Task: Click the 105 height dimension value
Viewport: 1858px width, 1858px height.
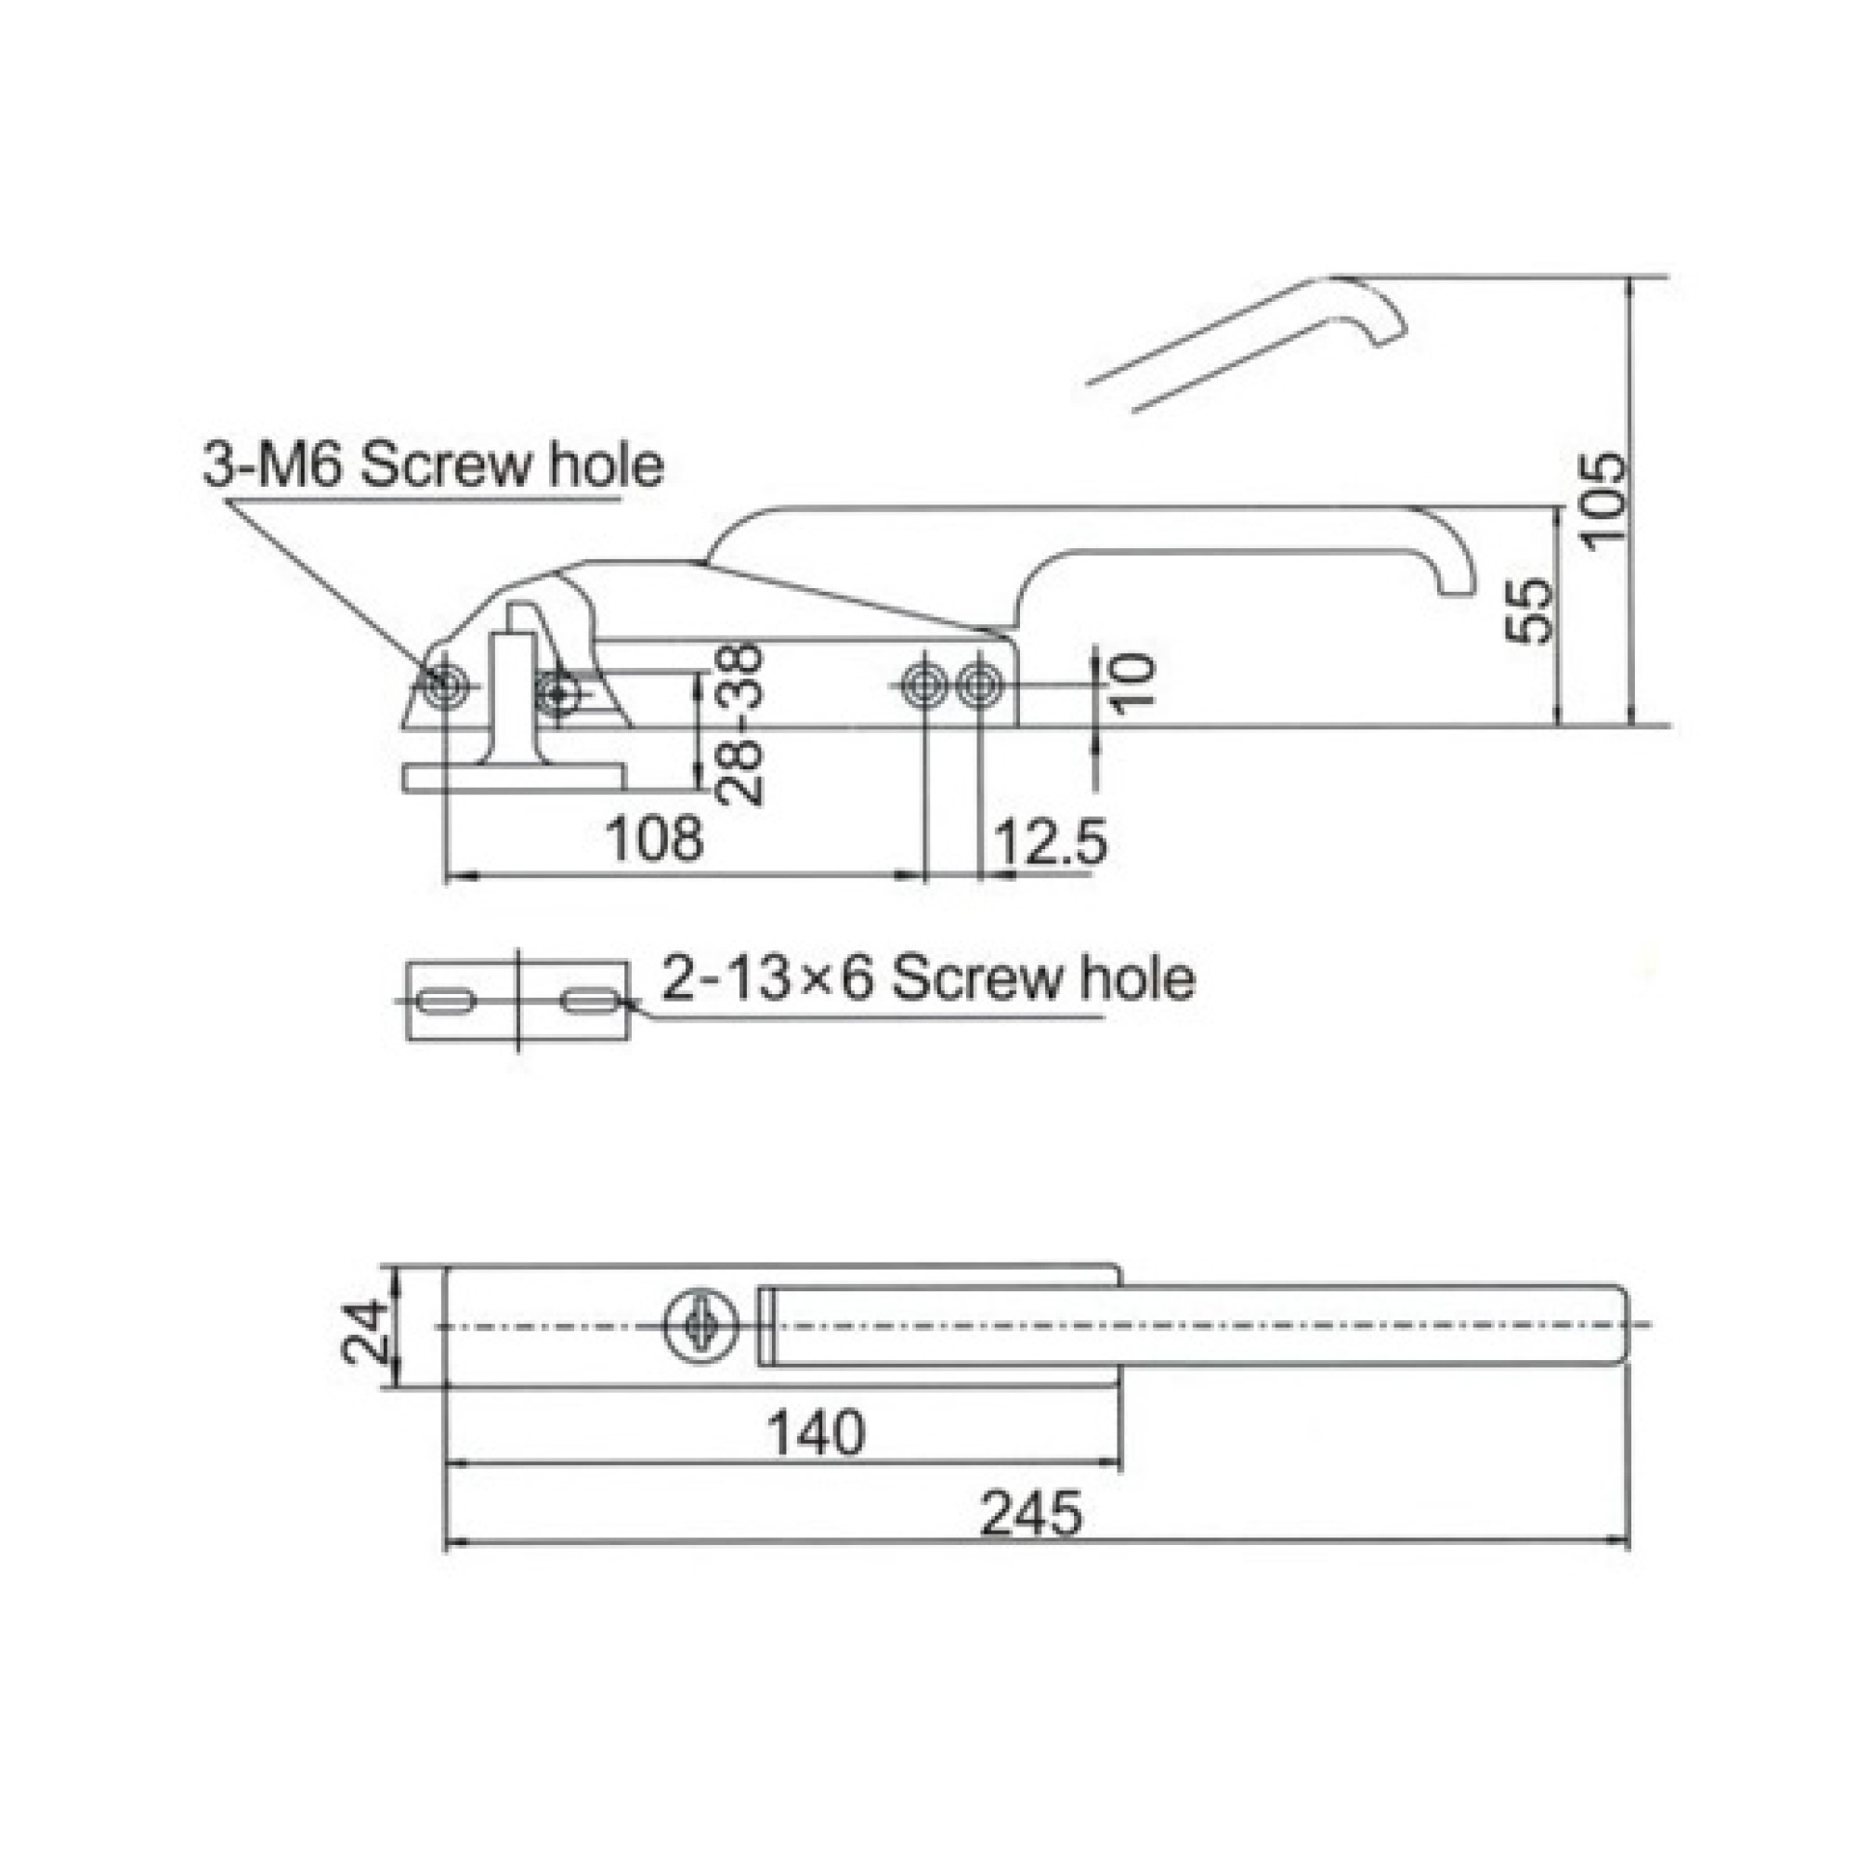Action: point(1603,501)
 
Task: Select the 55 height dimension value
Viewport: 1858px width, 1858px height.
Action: point(1528,609)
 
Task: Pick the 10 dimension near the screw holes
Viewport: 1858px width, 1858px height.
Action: point(1132,681)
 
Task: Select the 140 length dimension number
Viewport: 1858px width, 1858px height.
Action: point(816,1433)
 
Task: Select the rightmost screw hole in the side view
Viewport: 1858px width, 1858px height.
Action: point(979,686)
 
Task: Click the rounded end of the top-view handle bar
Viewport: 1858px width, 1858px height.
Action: point(1618,1326)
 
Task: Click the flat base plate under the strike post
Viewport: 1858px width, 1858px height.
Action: point(514,777)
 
